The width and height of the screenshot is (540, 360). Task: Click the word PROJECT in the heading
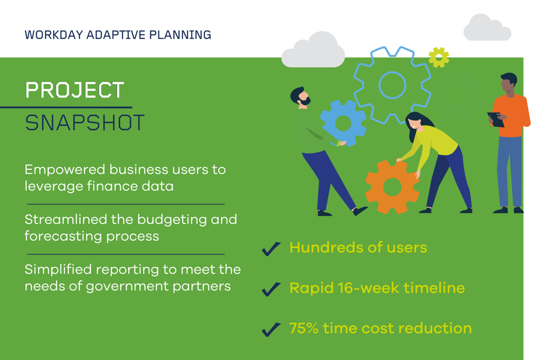(75, 90)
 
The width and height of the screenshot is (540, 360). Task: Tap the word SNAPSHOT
(85, 122)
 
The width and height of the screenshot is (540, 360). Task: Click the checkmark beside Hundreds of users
(271, 248)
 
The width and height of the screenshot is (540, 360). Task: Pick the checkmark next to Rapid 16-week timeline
(271, 289)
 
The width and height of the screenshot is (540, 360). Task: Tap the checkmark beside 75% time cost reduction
(271, 329)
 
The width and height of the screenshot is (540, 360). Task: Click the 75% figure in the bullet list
(304, 328)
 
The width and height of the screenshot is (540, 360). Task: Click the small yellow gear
(439, 58)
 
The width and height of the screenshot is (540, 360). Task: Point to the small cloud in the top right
(487, 29)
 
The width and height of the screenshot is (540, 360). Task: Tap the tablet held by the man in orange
(495, 119)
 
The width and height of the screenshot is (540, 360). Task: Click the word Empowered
(65, 170)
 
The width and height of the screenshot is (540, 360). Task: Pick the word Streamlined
(66, 220)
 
